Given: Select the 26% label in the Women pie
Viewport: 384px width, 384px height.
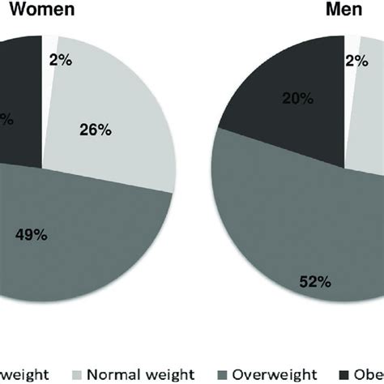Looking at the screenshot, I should click(x=96, y=128).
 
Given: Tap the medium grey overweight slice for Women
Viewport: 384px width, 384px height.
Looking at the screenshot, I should click(x=81, y=243).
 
